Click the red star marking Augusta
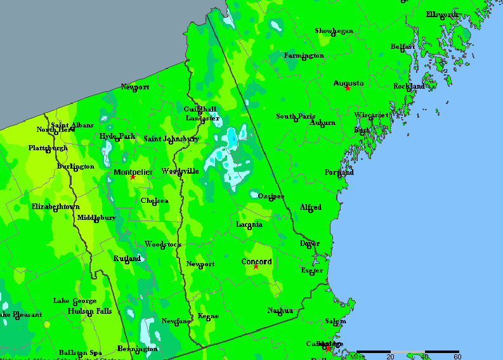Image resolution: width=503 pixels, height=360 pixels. [x=348, y=88]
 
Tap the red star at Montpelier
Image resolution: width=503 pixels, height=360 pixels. [x=133, y=177]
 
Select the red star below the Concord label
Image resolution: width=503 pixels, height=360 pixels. [x=256, y=267]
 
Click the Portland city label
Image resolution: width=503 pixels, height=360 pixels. [x=339, y=172]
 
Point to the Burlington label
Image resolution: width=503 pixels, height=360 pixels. [x=75, y=167]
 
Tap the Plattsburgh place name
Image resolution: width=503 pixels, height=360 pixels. [x=48, y=148]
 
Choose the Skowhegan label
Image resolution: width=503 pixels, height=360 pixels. [x=334, y=31]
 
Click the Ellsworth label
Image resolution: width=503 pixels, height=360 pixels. [x=441, y=15]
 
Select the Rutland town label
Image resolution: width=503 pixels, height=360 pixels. [x=127, y=259]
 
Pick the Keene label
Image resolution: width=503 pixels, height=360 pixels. [x=208, y=316]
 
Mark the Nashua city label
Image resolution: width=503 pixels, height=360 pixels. [x=280, y=311]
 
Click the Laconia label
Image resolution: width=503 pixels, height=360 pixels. [x=249, y=224]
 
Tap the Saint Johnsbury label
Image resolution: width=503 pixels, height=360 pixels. [x=171, y=139]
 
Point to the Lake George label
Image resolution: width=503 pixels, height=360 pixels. [x=75, y=301]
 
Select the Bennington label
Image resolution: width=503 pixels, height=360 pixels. [x=138, y=349]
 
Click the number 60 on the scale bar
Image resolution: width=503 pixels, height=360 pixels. [x=457, y=357]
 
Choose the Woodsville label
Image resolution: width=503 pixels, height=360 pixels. [x=180, y=171]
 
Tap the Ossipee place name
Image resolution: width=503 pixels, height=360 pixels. [x=271, y=196]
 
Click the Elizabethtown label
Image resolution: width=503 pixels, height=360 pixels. [x=56, y=207]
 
